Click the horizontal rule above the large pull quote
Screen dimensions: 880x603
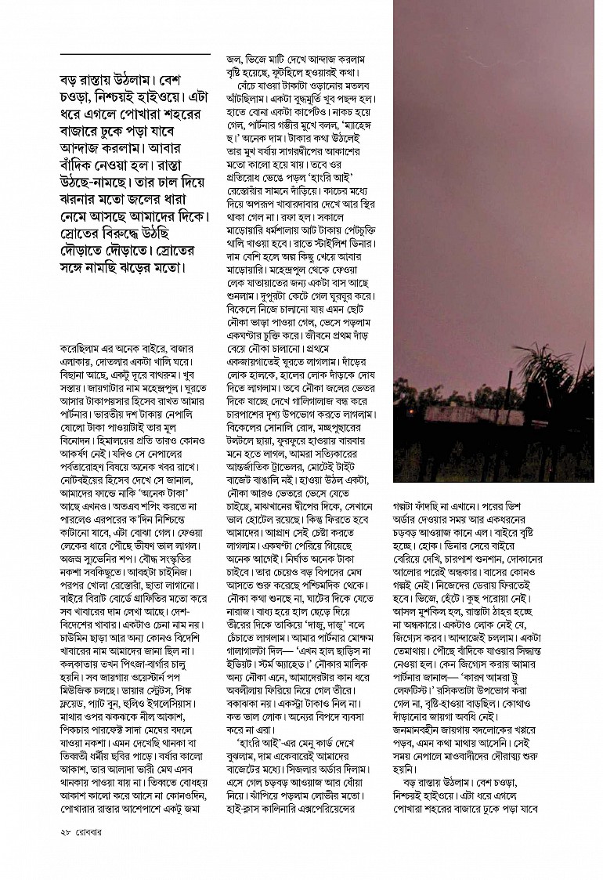[135, 53]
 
